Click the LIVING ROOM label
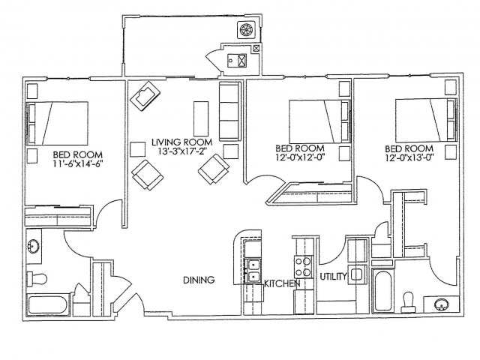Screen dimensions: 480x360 181,142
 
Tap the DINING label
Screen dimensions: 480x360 199,280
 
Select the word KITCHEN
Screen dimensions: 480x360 282,283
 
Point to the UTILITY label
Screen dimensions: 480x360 333,277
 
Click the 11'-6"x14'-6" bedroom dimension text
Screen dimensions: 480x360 77,163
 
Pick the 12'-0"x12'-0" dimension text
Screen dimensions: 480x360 300,157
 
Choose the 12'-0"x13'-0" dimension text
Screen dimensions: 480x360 409,157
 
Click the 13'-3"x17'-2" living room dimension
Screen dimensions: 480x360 183,151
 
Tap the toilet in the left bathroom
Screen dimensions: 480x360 37,279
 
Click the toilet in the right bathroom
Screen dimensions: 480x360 408,302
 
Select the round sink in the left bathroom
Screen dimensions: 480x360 33,245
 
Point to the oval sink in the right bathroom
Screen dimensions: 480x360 442,304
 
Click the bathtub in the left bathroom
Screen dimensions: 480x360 48,304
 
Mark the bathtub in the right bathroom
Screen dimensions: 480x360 382,291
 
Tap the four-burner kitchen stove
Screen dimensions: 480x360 303,267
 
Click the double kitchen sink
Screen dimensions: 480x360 253,271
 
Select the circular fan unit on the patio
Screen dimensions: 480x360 247,30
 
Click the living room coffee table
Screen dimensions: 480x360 201,118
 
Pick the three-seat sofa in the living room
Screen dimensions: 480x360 229,112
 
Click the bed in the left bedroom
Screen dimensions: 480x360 57,123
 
